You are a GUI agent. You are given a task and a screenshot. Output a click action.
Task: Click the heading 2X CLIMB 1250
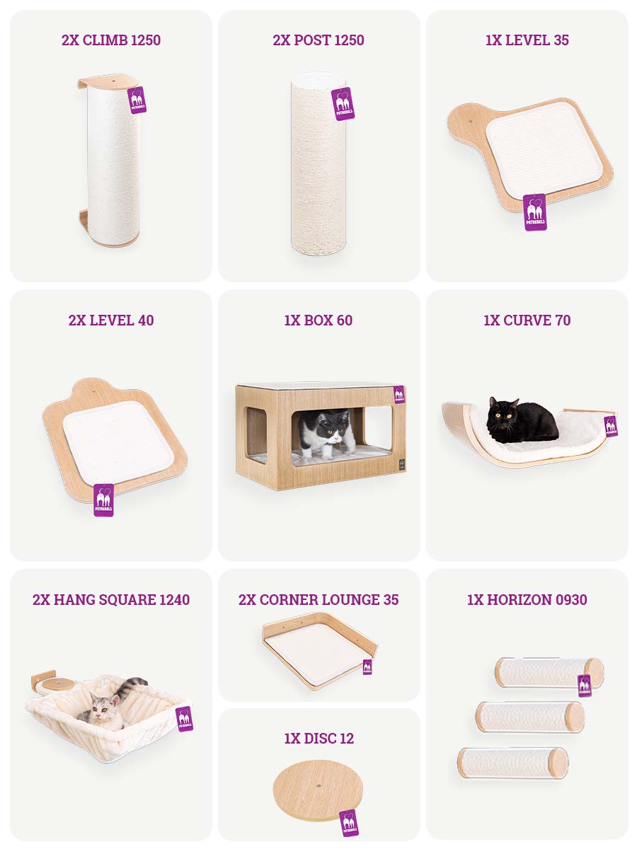click(111, 40)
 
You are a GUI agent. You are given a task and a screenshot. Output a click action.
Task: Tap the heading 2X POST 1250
click(318, 40)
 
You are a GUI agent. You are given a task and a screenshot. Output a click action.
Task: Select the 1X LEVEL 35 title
click(527, 40)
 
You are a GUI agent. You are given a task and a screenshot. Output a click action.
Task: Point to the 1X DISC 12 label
click(319, 739)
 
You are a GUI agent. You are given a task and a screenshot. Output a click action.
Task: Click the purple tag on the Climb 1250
click(137, 100)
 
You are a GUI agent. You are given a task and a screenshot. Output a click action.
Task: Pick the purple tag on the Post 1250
click(343, 104)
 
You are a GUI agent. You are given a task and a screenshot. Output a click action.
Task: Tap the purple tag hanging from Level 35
click(535, 212)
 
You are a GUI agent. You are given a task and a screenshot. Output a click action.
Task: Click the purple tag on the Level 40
click(103, 500)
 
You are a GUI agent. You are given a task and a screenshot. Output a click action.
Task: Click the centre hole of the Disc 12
click(318, 786)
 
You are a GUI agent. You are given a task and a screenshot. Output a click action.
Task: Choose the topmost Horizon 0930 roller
click(549, 674)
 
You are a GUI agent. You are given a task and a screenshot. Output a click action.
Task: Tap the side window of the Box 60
click(256, 430)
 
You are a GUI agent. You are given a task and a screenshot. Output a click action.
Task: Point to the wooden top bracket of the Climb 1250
click(108, 81)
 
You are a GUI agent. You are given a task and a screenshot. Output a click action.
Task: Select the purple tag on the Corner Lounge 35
click(367, 666)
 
